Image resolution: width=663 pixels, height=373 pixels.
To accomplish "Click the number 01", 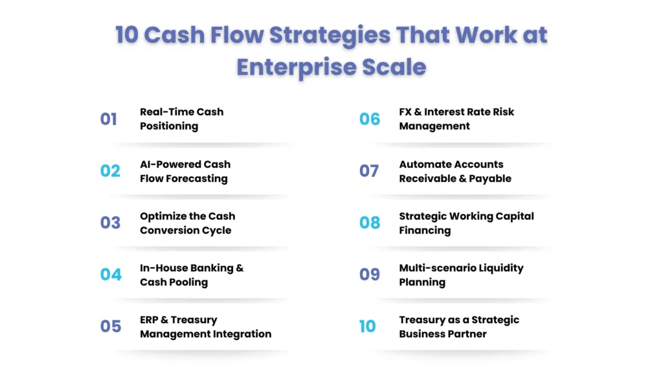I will pos(109,119).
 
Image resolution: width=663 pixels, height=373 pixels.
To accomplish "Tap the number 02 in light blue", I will pos(110,171).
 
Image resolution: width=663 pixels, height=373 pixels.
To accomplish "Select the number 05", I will pos(111,326).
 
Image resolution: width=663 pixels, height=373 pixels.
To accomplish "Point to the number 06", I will pos(370,119).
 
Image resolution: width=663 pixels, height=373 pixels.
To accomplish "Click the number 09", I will pos(370,275).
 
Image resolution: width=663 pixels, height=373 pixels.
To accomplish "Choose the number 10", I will pos(367,326).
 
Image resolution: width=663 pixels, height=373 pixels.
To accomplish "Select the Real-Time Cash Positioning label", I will pos(181,119).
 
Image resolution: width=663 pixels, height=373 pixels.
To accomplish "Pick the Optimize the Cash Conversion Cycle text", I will pos(187,223).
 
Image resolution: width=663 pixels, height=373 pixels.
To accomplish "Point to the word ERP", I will pos(150,319).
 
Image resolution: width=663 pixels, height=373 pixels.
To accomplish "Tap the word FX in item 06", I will pos(407,111).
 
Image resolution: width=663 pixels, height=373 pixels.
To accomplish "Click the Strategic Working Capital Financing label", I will pos(466,223).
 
